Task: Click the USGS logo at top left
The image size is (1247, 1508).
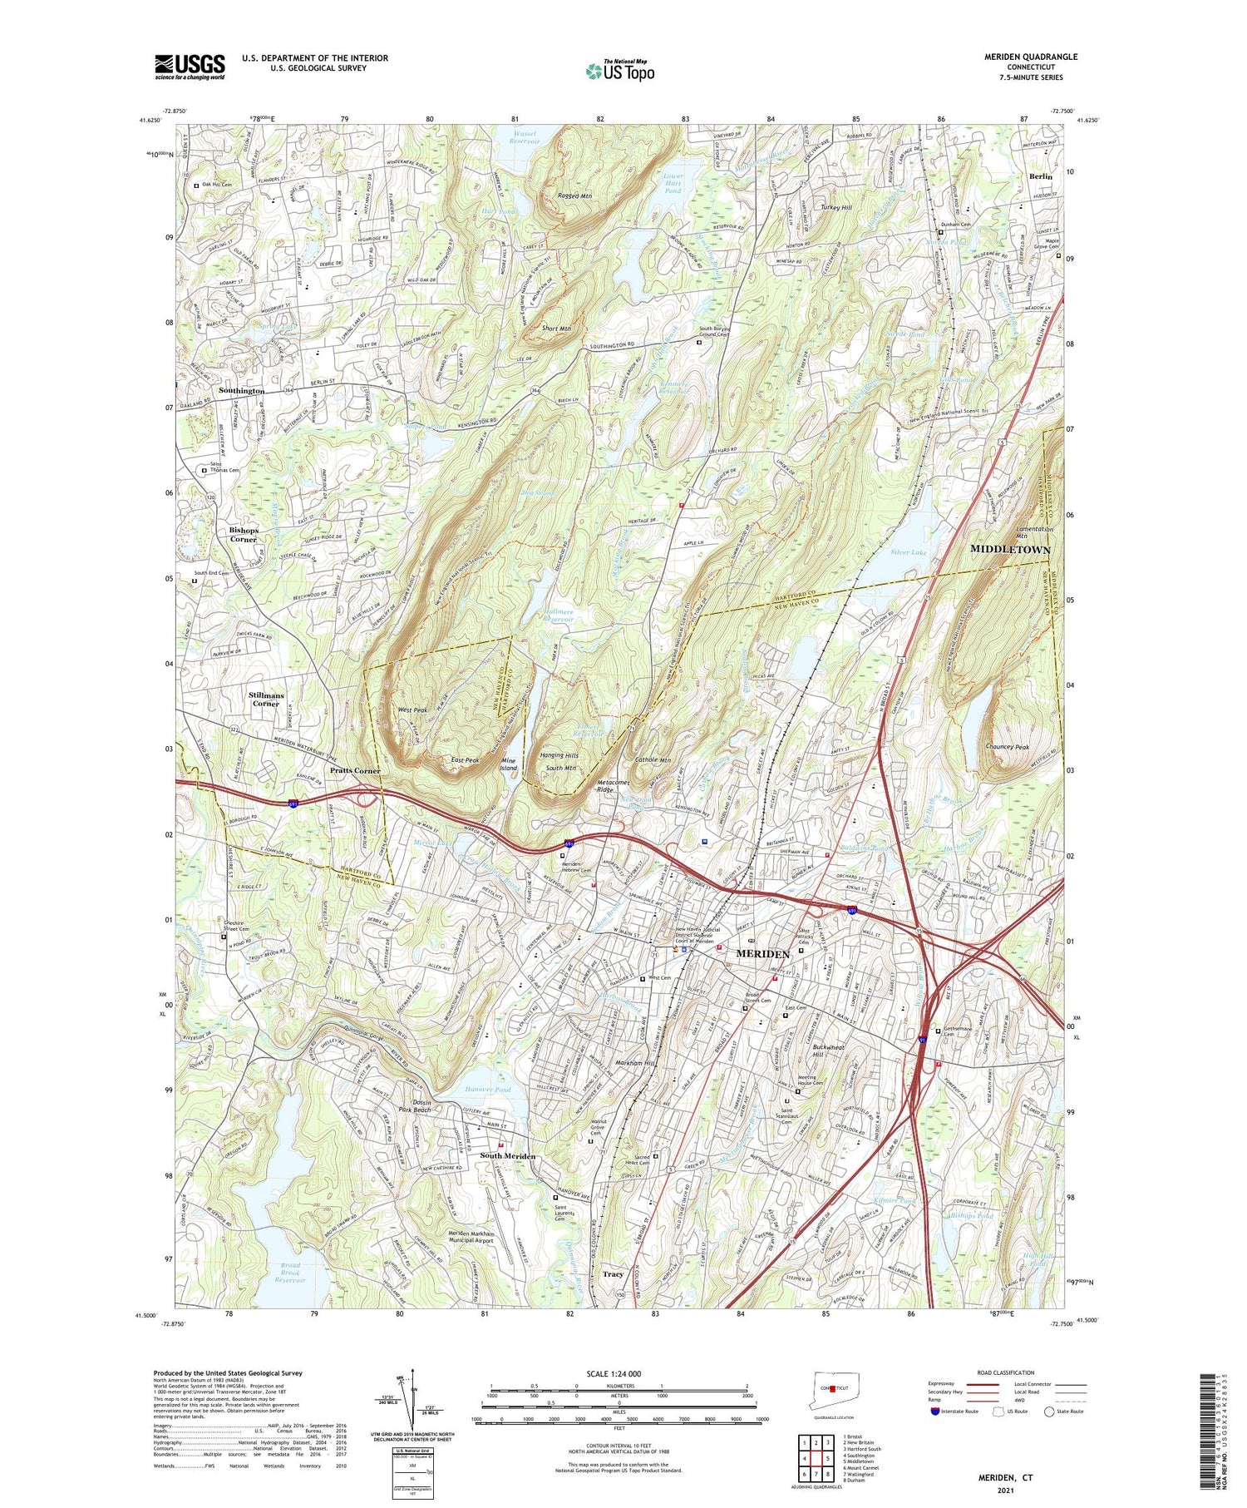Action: coord(190,67)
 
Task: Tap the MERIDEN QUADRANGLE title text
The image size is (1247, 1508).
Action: coord(1030,57)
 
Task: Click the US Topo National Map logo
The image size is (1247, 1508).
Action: coord(619,71)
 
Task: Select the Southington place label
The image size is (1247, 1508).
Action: coord(241,390)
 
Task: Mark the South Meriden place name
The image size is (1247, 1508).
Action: coord(507,1156)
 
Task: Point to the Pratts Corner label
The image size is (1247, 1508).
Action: coord(355,770)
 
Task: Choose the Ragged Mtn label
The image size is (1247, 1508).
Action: coord(574,196)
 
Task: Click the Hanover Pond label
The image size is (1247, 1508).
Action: coord(488,1089)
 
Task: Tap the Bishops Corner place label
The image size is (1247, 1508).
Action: coord(244,534)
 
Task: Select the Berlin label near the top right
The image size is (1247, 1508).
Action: coord(1040,176)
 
